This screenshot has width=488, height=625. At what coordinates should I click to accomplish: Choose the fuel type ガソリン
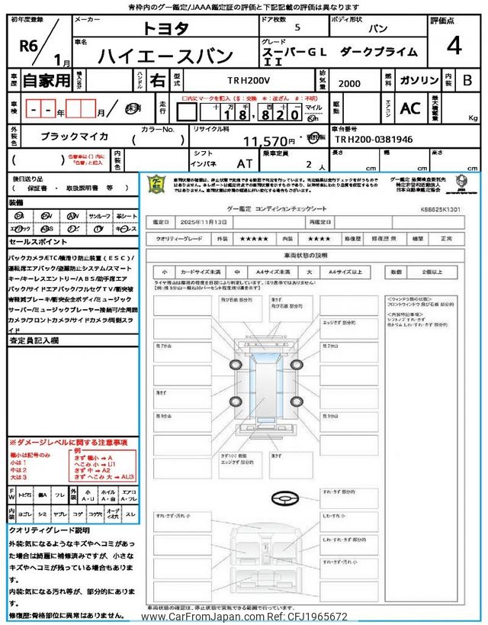point(416,79)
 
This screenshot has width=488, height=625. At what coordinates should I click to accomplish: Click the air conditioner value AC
point(410,109)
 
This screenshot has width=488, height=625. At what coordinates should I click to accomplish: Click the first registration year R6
point(29,44)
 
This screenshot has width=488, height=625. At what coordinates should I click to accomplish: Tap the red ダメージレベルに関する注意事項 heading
point(68,443)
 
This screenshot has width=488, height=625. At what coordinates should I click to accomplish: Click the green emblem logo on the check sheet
point(156,184)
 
